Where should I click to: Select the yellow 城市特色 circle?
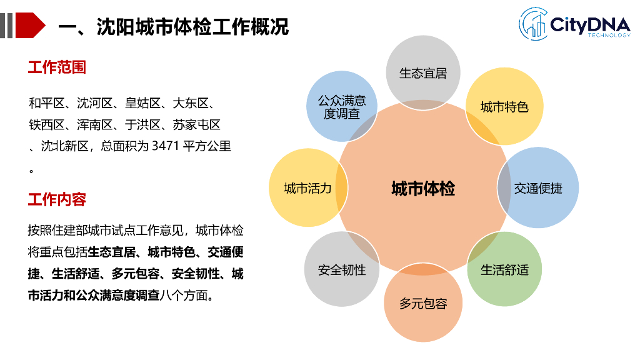coord(504,106)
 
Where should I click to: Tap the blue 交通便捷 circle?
coord(537,187)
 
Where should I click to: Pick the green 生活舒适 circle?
coord(504,269)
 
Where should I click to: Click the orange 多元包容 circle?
coord(423,304)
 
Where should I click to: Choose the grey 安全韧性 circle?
coord(342,269)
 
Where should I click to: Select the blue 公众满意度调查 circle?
coord(342,106)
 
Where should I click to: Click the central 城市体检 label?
coord(423,188)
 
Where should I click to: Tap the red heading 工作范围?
coord(57,67)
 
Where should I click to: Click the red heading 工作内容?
coord(57,200)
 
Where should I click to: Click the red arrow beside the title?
coord(30,26)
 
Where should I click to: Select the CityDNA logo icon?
coord(533,23)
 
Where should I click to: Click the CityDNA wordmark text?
coord(591,24)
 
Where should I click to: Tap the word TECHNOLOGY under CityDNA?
coord(609,36)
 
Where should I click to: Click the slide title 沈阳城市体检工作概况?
coord(193,27)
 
